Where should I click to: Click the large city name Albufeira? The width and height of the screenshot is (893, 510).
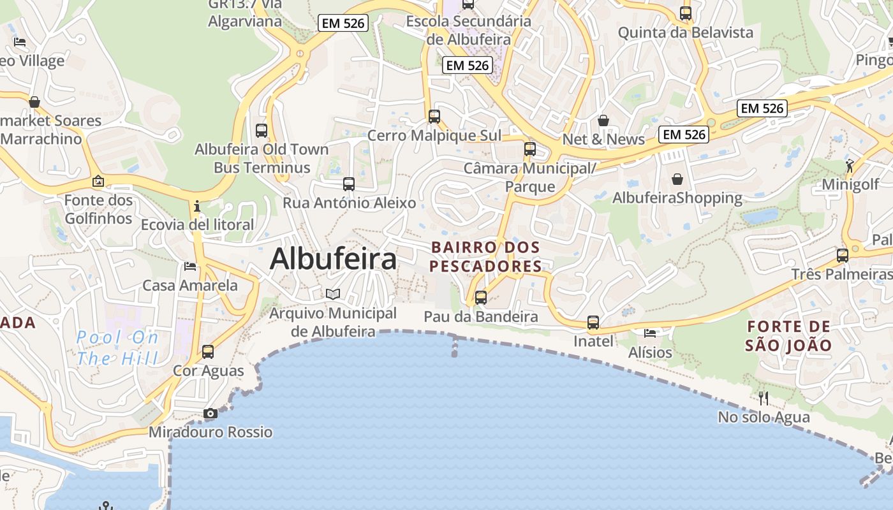coord(333,259)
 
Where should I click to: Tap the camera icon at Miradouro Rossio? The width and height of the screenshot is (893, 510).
coord(210,414)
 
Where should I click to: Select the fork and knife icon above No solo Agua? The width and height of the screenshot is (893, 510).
coord(764,398)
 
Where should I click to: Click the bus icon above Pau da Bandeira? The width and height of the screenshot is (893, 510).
coord(481,298)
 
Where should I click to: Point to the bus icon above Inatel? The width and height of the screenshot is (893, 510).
coord(593,323)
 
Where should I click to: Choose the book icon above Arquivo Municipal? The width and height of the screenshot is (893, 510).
coord(333,294)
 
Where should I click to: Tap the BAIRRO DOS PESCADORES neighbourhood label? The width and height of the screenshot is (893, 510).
coord(485,256)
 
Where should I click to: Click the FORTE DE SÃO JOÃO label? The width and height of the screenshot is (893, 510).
coord(789,336)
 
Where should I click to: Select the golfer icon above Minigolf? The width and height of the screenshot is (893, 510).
coord(850,166)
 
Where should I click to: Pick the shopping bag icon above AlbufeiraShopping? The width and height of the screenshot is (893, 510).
coord(677,180)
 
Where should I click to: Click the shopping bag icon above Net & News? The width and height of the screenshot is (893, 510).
coord(603,120)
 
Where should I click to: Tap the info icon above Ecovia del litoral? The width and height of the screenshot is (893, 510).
coord(197,206)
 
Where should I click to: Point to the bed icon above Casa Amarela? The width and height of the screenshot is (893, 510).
coord(190,266)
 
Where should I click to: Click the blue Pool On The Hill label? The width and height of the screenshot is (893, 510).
coord(117,347)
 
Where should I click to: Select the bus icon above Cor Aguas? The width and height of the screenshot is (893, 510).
coord(208,352)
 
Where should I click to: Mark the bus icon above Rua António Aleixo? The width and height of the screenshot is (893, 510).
coord(349,184)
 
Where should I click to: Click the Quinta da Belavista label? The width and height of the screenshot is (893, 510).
coord(686,33)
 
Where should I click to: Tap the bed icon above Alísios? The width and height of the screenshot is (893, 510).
coord(650,333)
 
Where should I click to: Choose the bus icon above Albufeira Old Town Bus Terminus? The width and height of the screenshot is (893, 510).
coord(262,131)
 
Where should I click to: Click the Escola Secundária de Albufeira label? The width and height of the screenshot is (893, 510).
coord(469,30)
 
